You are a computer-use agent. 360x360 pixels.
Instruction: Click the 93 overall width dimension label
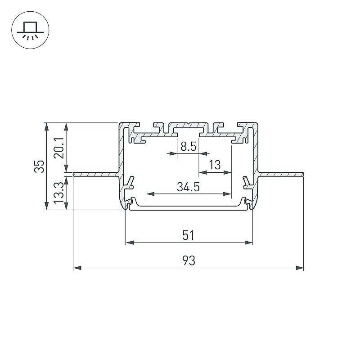coord(189,261)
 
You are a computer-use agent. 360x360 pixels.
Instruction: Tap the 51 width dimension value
coord(188,235)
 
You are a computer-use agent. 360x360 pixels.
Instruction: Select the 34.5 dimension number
coord(188,187)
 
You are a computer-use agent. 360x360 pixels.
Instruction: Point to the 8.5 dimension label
coord(188,147)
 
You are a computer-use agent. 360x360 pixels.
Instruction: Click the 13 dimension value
coord(215,165)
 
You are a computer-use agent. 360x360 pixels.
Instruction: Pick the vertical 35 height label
coord(39,166)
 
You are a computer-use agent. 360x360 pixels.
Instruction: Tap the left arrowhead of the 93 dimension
coord(77,268)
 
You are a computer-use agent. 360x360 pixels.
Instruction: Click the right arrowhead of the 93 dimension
coord(300,268)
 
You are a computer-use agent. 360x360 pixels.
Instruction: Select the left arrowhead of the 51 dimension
coord(130,243)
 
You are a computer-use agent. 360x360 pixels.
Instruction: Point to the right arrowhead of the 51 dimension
coord(248,243)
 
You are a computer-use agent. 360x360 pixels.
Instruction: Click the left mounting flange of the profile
coord(96,174)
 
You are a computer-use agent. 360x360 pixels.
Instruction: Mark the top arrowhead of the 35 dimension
coord(46,127)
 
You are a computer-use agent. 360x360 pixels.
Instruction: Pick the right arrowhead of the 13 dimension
coord(227,172)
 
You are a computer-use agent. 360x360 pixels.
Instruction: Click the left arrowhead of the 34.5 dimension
coord(150,194)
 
